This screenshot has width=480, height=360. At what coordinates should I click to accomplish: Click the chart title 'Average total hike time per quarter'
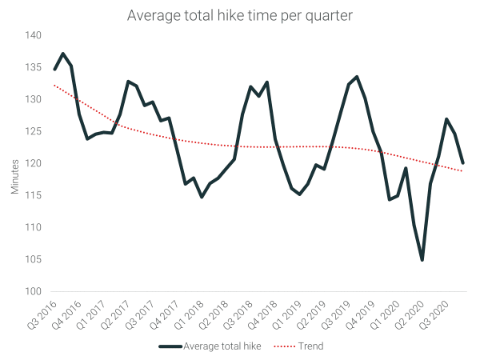(x=240, y=15)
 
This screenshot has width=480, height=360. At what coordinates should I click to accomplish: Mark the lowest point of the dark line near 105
(x=422, y=259)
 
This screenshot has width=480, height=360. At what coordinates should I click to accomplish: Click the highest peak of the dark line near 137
(x=63, y=54)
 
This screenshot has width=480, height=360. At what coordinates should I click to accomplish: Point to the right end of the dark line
(x=463, y=162)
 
